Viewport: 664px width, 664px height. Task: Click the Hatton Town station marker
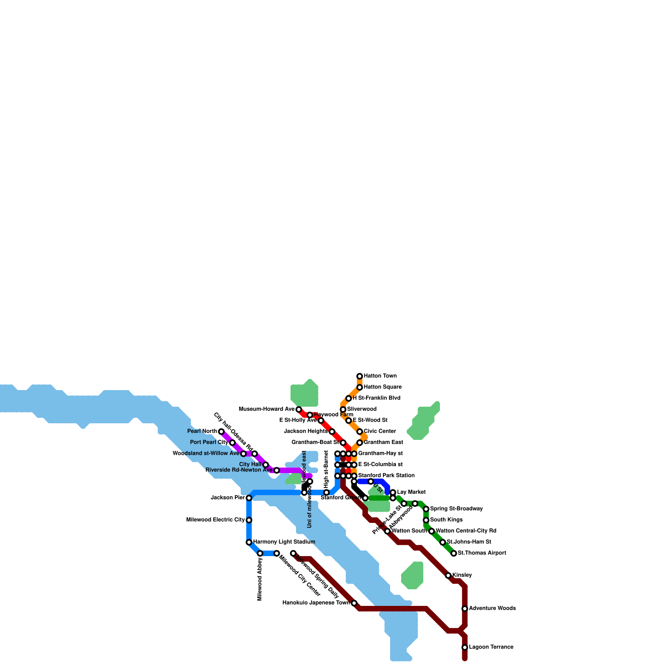click(x=360, y=376)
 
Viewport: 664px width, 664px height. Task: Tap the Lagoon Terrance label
click(x=491, y=647)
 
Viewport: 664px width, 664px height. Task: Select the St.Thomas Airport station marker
click(x=454, y=553)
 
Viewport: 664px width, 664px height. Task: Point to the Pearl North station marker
click(x=221, y=432)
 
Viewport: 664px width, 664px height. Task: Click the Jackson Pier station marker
click(x=249, y=498)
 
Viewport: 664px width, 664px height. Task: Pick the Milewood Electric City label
click(x=215, y=520)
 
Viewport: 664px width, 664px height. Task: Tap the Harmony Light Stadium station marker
click(x=249, y=542)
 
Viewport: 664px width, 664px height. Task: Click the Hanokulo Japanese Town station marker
click(x=354, y=603)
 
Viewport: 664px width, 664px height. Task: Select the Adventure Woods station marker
click(x=465, y=608)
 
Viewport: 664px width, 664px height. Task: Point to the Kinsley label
click(x=462, y=575)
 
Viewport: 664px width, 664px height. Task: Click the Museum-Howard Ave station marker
click(x=299, y=410)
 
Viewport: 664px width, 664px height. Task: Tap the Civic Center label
click(x=380, y=431)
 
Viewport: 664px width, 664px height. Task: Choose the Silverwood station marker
click(x=343, y=410)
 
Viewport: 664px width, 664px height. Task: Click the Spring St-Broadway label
click(x=456, y=508)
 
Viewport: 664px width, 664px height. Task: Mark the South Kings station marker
click(x=426, y=520)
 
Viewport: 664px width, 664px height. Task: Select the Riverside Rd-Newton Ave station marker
click(x=277, y=470)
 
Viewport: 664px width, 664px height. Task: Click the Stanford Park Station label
click(x=386, y=475)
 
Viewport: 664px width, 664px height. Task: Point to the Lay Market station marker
click(x=393, y=492)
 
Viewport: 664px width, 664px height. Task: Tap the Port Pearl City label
click(x=209, y=442)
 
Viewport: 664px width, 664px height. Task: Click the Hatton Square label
click(x=383, y=387)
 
